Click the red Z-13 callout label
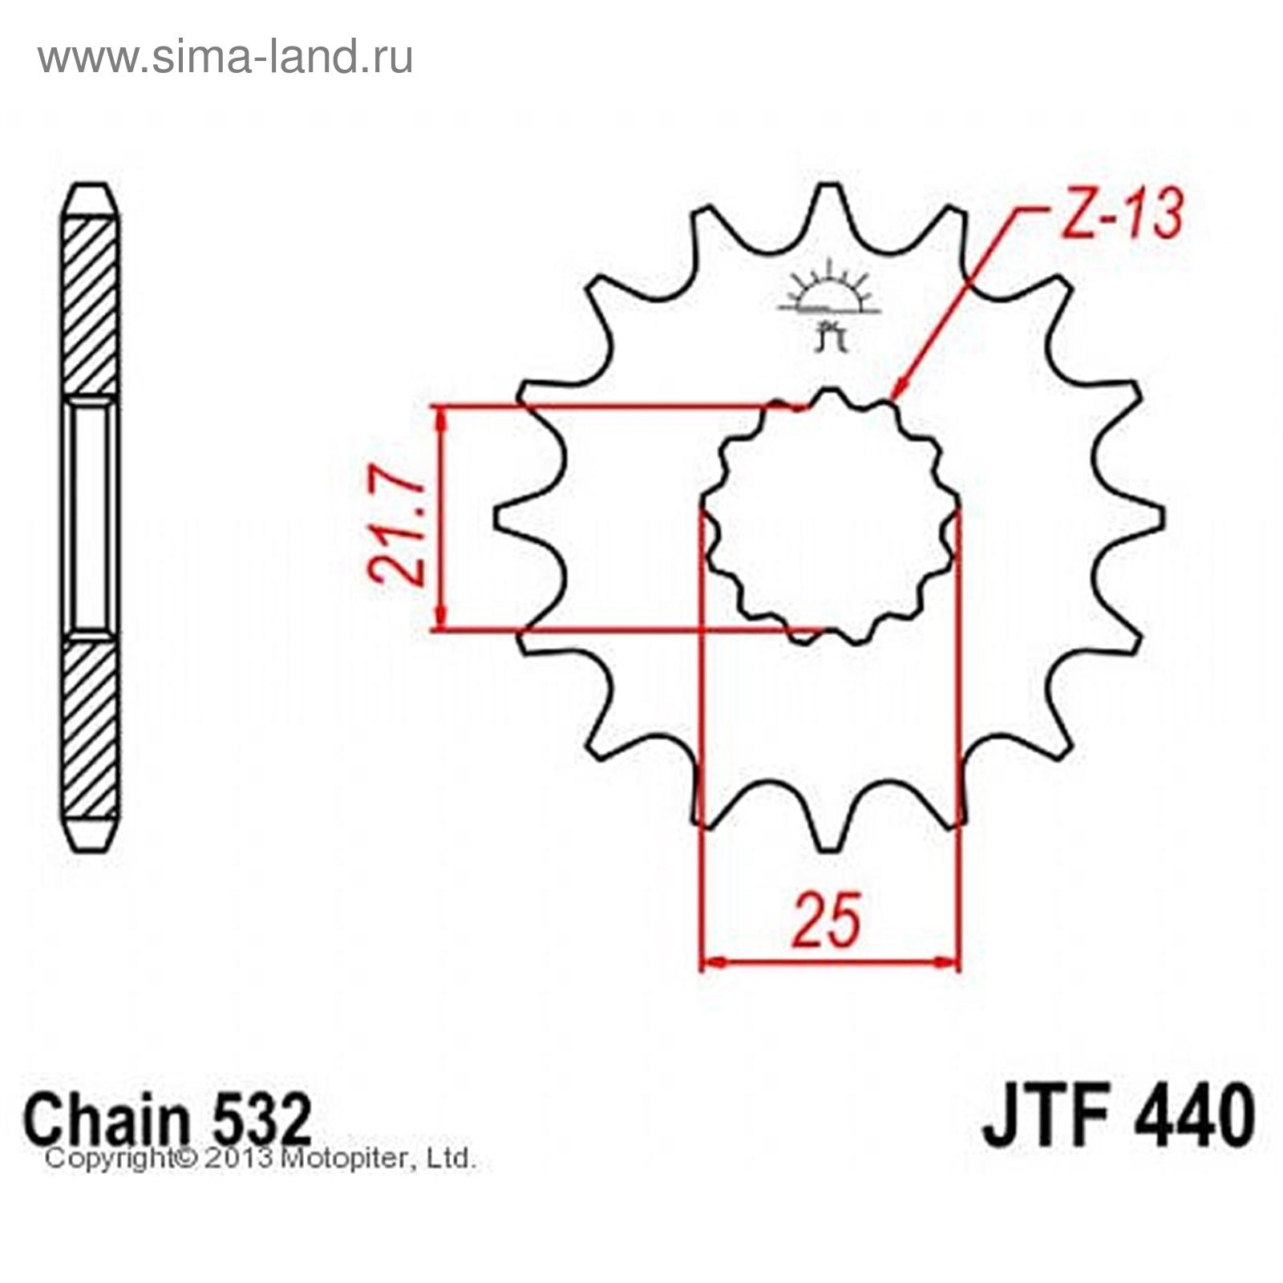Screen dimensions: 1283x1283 tap(1121, 215)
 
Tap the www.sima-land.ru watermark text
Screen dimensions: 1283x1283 tap(225, 57)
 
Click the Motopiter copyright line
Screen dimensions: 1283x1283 tap(261, 1159)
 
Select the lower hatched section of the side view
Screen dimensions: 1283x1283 tap(91, 730)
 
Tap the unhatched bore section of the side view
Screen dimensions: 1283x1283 tap(91, 517)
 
